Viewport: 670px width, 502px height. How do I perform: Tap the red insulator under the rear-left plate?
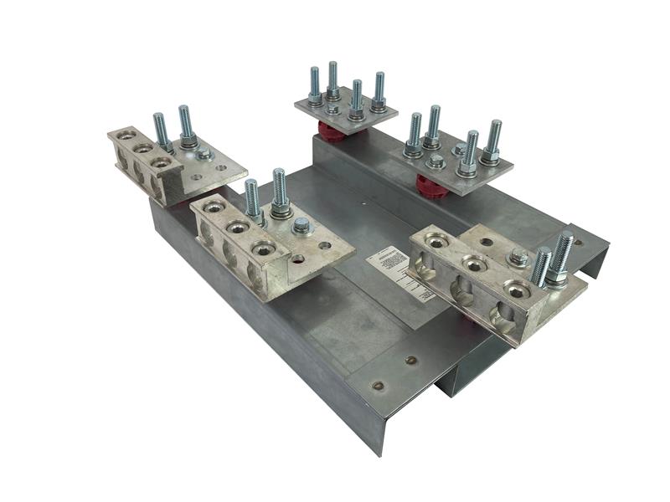click(x=333, y=132)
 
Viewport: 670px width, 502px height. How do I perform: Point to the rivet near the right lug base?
click(x=411, y=361)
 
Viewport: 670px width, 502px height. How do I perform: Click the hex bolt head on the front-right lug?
click(x=519, y=259)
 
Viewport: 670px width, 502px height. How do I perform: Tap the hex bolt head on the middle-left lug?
click(x=301, y=225)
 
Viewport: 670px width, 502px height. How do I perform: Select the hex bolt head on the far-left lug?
click(x=204, y=153)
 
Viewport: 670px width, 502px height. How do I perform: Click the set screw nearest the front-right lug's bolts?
click(x=518, y=289)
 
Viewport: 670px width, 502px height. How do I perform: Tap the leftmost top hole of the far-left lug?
click(x=126, y=134)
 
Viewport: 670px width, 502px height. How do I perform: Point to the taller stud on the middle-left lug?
click(x=280, y=190)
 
